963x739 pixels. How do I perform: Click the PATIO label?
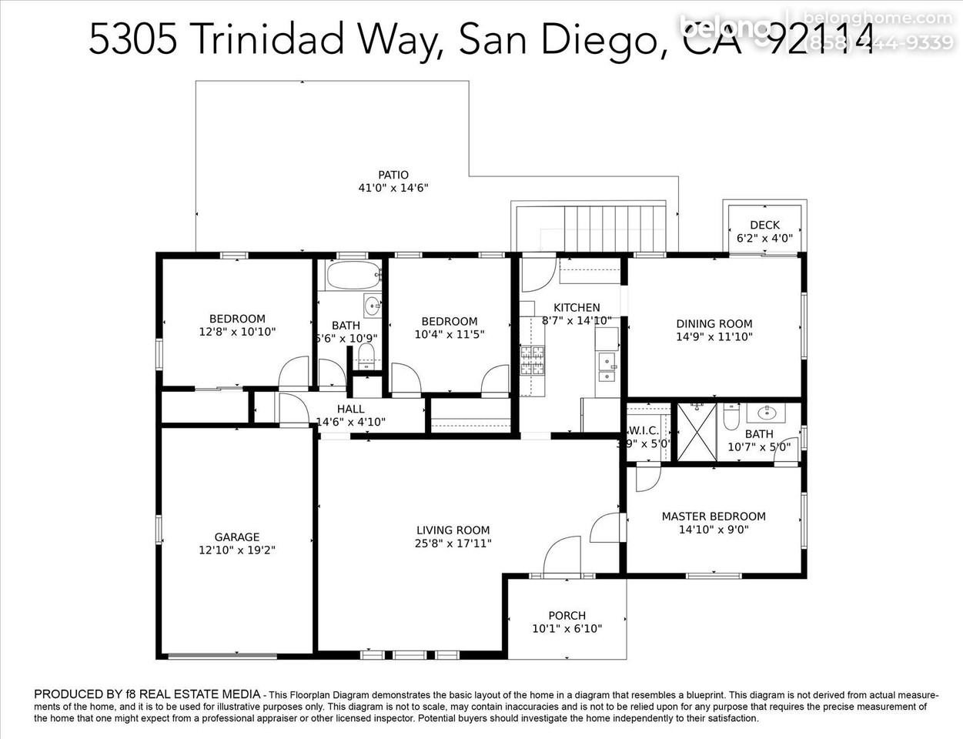tap(393, 175)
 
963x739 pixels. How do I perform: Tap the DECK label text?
tap(764, 225)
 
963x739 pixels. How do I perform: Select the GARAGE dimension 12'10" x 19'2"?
tap(237, 550)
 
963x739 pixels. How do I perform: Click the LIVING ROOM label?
tap(453, 530)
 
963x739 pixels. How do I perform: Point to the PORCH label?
tap(567, 615)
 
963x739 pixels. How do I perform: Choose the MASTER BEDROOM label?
tap(714, 516)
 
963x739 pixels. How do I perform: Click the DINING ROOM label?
tap(714, 323)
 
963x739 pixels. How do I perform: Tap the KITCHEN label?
tap(577, 307)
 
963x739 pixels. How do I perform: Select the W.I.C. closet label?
tap(644, 430)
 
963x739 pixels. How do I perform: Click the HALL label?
tap(350, 409)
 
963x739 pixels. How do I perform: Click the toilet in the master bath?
tap(731, 416)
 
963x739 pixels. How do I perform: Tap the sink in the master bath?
tap(767, 413)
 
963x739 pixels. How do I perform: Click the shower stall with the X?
tap(697, 432)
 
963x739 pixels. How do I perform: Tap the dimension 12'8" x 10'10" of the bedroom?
tap(237, 332)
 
